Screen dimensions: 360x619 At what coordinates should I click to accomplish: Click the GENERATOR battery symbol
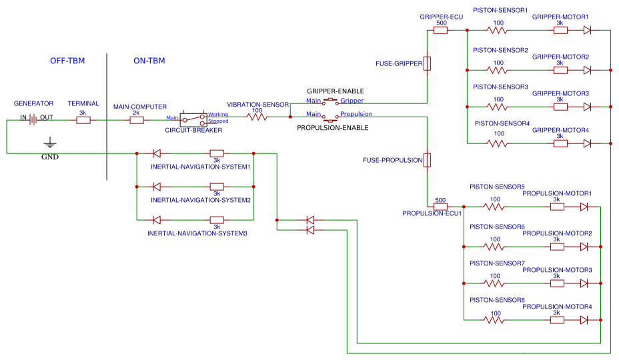(33, 120)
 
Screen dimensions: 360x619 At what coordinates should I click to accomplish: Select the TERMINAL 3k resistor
(83, 120)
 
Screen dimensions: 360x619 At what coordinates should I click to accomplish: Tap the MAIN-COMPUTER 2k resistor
(136, 120)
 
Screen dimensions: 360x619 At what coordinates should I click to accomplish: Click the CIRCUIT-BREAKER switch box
(193, 119)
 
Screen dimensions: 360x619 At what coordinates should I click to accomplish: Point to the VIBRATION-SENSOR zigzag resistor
(257, 117)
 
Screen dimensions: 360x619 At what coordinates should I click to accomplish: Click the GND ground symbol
(49, 143)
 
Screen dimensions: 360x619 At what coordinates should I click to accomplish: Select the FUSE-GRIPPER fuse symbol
(427, 63)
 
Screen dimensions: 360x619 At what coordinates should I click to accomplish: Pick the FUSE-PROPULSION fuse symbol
(427, 160)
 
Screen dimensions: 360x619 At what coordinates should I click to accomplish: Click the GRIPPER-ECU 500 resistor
(440, 30)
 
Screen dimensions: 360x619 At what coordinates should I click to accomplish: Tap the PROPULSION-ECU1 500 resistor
(440, 207)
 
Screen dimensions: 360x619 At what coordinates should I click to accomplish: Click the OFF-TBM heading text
(67, 61)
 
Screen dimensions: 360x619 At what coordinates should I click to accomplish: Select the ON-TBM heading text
(149, 61)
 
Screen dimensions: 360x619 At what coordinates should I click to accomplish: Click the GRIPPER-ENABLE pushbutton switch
(330, 102)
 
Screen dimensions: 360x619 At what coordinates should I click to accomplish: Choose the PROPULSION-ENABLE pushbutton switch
(330, 117)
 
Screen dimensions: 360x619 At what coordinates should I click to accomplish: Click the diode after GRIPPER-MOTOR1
(587, 30)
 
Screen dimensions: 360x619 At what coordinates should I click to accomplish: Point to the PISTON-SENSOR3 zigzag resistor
(497, 107)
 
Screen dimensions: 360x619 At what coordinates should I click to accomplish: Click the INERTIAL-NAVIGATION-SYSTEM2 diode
(157, 187)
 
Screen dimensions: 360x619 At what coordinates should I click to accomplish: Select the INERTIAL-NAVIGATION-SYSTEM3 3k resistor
(216, 220)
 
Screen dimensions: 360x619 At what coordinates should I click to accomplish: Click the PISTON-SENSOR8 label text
(497, 300)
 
